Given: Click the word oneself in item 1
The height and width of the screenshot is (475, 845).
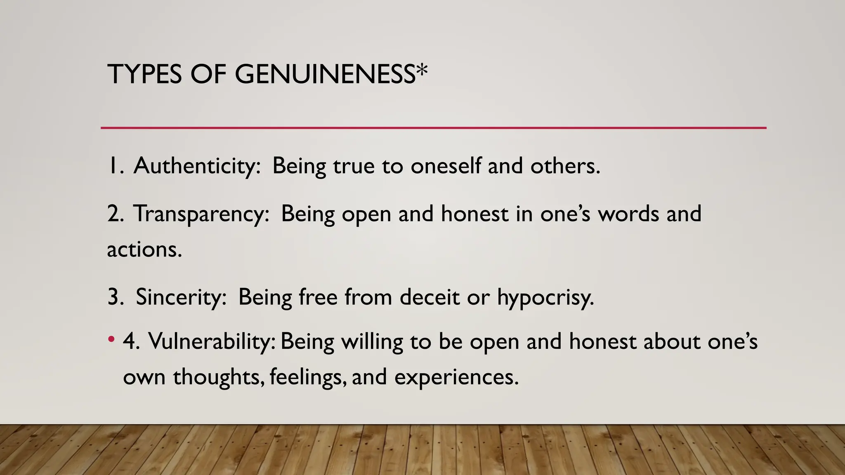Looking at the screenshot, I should click(x=446, y=166).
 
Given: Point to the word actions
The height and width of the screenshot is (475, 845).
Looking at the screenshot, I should click(x=144, y=250).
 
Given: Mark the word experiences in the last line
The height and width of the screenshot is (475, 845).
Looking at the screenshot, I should click(x=456, y=378).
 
